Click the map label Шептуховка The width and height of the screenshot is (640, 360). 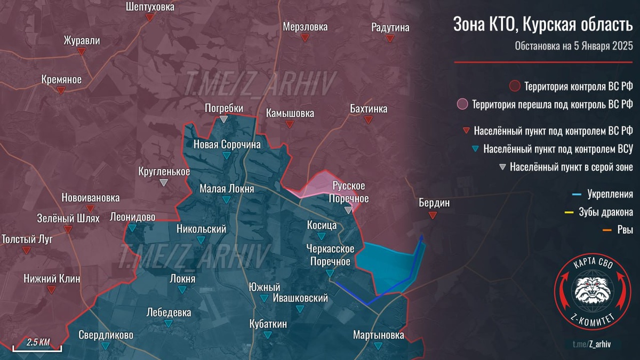(x=150, y=7)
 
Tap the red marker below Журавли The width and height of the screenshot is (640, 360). (x=82, y=51)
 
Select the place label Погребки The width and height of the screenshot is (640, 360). (x=224, y=108)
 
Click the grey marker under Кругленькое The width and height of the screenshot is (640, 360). (x=164, y=182)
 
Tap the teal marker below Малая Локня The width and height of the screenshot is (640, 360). (x=226, y=200)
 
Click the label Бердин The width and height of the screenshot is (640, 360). (x=434, y=203)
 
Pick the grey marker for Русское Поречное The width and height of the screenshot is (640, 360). (x=348, y=210)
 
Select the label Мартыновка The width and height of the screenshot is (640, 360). (x=378, y=335)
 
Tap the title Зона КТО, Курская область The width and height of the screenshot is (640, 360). (x=542, y=25)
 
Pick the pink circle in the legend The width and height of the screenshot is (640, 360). (x=462, y=104)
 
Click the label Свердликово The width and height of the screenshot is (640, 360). (x=106, y=335)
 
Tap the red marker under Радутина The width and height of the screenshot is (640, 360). (x=390, y=39)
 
